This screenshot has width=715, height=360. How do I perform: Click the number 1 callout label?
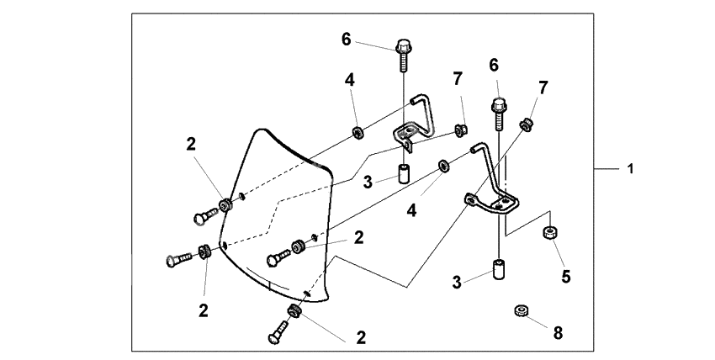(x=629, y=169)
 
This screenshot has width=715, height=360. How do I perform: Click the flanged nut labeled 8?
(x=521, y=313)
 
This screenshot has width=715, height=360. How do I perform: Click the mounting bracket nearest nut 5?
(x=491, y=189)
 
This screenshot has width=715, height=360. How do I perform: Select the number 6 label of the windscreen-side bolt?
(x=345, y=39)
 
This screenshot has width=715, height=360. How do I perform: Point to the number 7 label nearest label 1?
(x=543, y=87)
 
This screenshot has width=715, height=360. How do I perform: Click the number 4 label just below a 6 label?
(x=349, y=81)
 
